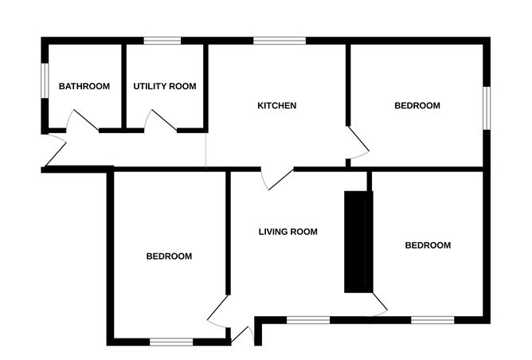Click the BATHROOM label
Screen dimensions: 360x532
84,86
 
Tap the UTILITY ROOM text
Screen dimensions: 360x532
164,86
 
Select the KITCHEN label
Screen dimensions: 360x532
276,105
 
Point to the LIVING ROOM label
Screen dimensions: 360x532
288,232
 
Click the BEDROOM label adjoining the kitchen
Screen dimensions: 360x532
417,105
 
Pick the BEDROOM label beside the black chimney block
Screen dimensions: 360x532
428,245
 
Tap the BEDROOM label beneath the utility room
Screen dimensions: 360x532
169,256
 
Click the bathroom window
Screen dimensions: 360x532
45,80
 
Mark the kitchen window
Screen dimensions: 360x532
279,40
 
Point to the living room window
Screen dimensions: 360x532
307,319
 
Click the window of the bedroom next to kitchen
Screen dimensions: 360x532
486,106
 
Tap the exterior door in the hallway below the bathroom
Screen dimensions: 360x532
54,151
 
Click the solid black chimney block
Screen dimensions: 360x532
358,241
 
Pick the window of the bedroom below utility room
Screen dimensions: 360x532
171,342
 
